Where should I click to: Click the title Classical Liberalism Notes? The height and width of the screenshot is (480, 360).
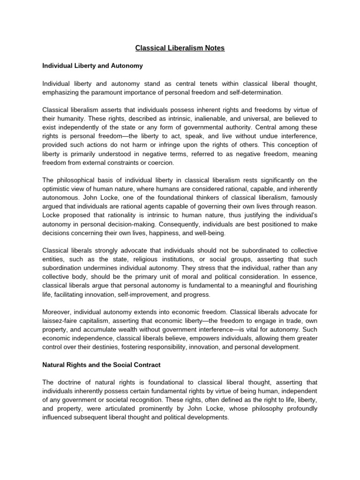[x=180, y=48]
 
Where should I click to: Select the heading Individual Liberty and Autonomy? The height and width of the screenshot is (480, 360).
[x=92, y=66]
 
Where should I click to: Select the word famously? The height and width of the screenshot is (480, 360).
[x=301, y=198]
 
